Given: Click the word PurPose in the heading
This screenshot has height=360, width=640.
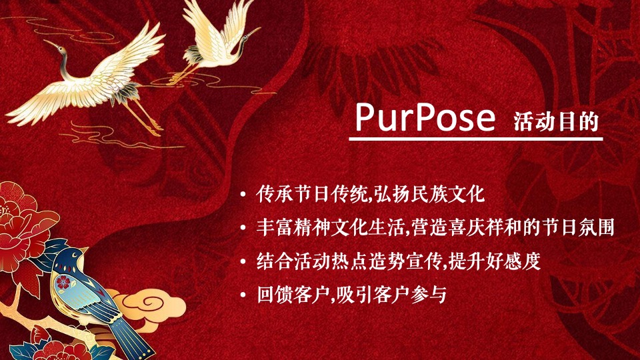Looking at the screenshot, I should coord(425,117).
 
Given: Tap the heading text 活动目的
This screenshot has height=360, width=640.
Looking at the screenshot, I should coord(557,121).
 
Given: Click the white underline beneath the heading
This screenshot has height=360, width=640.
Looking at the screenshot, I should coord(476,139).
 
